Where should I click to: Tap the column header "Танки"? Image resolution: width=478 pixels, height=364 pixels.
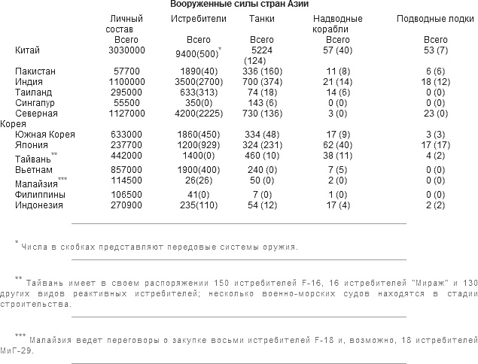click(261, 17)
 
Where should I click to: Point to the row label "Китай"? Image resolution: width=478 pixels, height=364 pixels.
click(28, 50)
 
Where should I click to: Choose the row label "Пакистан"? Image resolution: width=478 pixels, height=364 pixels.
click(35, 69)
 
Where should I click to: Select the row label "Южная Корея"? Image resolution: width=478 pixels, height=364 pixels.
click(43, 134)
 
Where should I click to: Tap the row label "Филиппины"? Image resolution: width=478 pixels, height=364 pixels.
click(41, 194)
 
